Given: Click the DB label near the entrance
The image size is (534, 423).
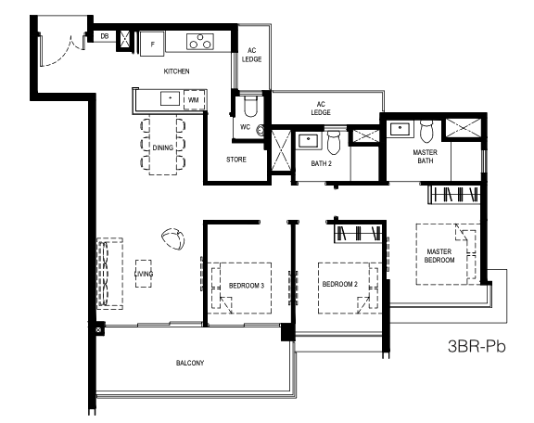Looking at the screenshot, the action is click(x=105, y=36).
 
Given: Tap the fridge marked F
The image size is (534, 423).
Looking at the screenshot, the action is click(x=152, y=44).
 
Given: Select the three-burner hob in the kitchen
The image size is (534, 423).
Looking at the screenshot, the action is click(x=200, y=42).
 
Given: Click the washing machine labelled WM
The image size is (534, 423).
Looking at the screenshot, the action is click(x=194, y=100).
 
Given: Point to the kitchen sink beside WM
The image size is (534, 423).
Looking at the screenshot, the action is click(x=170, y=98).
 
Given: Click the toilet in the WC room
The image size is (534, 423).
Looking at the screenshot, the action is click(x=250, y=106).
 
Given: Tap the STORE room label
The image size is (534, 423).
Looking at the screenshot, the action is click(x=236, y=160).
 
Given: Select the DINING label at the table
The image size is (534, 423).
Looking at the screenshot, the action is click(x=163, y=147).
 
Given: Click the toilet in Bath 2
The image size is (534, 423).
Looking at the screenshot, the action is click(x=334, y=142).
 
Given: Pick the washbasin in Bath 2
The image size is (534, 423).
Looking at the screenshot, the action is click(x=309, y=140).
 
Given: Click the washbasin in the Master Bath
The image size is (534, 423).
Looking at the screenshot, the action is click(x=400, y=129).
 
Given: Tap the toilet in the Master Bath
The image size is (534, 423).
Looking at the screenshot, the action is click(x=426, y=131).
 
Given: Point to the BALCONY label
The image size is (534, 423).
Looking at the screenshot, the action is click(x=190, y=363).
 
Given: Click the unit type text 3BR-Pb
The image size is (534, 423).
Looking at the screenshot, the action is click(x=477, y=346).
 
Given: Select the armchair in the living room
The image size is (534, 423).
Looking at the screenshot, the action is click(x=173, y=238).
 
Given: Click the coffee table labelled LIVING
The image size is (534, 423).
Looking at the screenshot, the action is click(x=144, y=274).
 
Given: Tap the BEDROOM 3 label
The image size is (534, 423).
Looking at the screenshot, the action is click(x=247, y=286).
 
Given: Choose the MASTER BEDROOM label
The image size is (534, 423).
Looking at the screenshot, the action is click(x=439, y=256).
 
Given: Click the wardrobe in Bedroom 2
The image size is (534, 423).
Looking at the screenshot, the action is click(x=358, y=234).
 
